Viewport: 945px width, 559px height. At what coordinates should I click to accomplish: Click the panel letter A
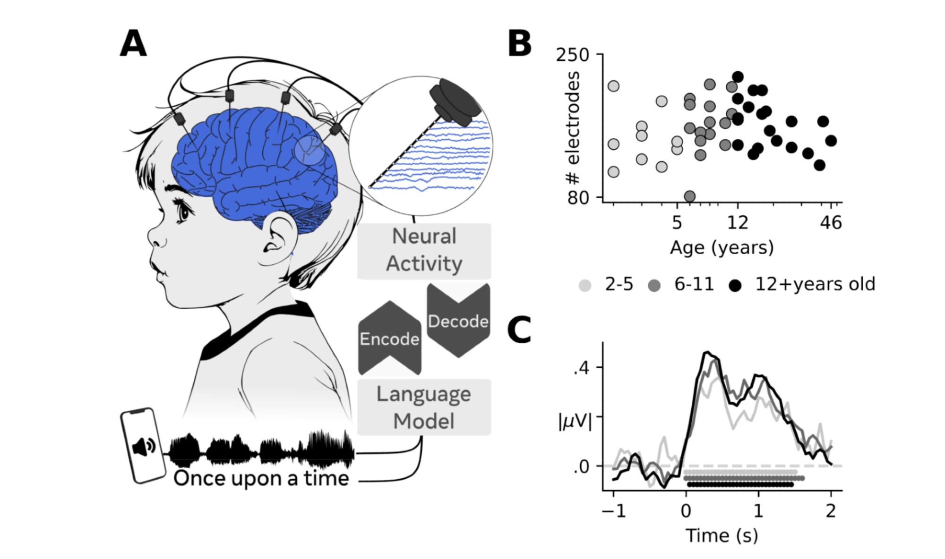click(133, 43)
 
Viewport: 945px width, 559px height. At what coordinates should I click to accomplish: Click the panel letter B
click(519, 43)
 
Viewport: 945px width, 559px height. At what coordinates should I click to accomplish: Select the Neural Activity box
click(424, 251)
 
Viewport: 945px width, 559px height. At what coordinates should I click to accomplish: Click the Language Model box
click(424, 407)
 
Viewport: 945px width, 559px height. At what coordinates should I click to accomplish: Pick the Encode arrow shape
click(389, 339)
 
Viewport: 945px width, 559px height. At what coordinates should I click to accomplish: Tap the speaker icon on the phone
click(144, 446)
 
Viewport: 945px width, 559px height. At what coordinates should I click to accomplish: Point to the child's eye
click(182, 210)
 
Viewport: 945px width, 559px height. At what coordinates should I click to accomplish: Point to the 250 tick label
click(572, 55)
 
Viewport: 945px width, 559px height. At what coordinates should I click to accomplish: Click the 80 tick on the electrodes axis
click(578, 197)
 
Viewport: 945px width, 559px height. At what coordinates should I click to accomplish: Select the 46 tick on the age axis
click(831, 222)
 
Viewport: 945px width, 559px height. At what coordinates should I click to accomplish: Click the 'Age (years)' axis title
click(722, 247)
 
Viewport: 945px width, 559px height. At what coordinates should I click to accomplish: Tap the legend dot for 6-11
click(654, 286)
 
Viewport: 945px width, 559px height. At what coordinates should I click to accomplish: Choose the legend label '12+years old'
click(815, 284)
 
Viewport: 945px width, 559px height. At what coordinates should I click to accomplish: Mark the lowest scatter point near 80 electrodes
click(689, 196)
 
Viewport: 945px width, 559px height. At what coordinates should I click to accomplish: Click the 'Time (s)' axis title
click(722, 535)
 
